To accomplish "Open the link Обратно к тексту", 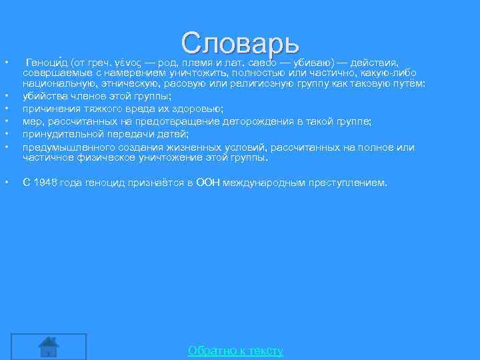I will point(235,351).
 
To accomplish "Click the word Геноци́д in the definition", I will point(46,61).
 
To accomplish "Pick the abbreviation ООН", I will point(209,182).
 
